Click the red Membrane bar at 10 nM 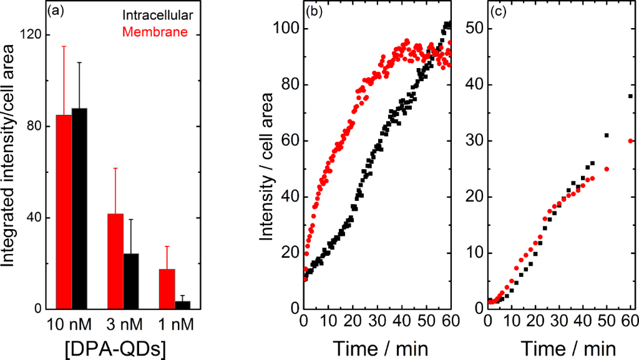(64, 212)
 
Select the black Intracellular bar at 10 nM (79, 209)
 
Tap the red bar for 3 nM (115, 261)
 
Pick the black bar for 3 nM (131, 281)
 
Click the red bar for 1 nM (167, 289)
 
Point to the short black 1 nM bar (183, 305)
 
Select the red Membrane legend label (155, 31)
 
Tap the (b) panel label (312, 12)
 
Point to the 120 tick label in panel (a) (28, 35)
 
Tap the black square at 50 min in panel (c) (607, 135)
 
